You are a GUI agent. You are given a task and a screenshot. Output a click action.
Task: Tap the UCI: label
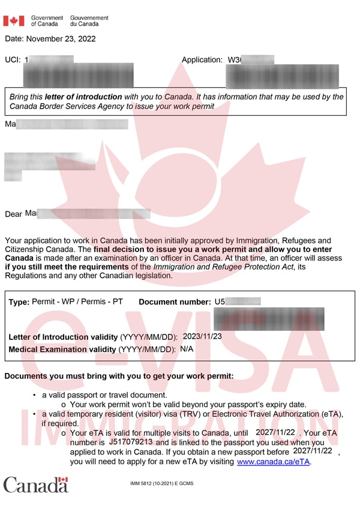[13, 60]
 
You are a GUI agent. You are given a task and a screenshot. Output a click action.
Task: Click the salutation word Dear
[13, 214]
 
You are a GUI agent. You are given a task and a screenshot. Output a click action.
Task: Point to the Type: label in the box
[19, 302]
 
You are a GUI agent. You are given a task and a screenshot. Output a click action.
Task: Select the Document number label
[175, 302]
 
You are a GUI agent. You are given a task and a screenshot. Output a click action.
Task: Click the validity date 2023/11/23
[202, 337]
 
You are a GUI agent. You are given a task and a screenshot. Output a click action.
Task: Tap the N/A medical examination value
[187, 349]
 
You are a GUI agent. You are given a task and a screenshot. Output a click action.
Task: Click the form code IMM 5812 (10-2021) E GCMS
[162, 483]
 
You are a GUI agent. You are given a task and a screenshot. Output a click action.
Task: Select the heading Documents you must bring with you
[119, 376]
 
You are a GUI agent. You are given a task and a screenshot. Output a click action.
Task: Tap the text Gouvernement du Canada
[89, 21]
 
